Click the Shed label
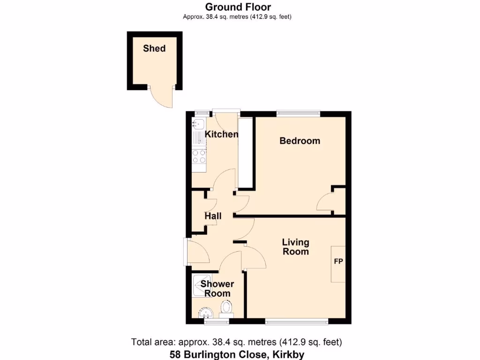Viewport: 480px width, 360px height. pos(154,48)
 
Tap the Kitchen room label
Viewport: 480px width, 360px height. pos(222,135)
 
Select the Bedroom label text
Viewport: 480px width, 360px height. pos(300,141)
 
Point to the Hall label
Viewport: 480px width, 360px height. pos(213,216)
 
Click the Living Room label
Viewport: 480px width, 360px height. pos(295,247)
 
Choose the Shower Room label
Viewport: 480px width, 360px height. pos(217,289)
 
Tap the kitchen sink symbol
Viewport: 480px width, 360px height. pos(198,125)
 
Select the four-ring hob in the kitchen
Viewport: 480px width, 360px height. pos(199,156)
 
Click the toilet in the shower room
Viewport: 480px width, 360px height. pos(227,307)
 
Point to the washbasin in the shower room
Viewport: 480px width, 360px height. pos(206,312)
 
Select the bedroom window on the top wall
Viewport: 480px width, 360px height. pos(298,113)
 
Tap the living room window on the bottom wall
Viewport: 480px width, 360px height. pos(296,321)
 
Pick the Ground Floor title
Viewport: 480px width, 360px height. pos(238,7)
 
